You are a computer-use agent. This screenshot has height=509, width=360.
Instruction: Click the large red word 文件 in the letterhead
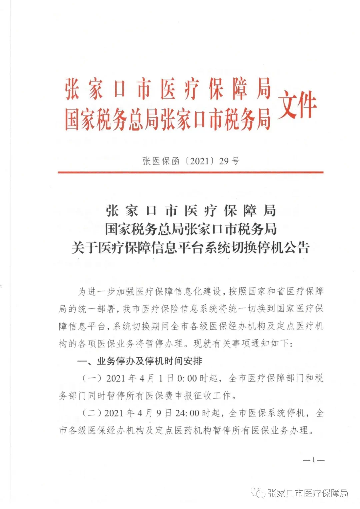(x=297, y=104)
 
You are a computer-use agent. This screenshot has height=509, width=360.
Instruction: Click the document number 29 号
(x=229, y=161)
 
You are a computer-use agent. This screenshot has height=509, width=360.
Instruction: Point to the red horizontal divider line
(x=190, y=172)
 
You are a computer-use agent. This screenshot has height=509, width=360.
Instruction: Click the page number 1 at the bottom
(x=313, y=460)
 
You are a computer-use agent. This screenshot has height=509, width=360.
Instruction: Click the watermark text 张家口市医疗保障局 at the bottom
(x=308, y=493)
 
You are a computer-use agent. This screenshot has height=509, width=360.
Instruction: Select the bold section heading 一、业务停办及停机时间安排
(x=140, y=361)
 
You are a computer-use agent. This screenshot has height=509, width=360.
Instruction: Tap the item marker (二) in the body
(x=92, y=413)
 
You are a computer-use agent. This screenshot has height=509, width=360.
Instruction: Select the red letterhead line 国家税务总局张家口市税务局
(x=168, y=119)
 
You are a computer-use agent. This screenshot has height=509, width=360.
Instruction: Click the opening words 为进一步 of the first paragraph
(x=97, y=291)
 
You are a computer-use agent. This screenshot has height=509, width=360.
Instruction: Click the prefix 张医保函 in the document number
(x=161, y=161)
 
